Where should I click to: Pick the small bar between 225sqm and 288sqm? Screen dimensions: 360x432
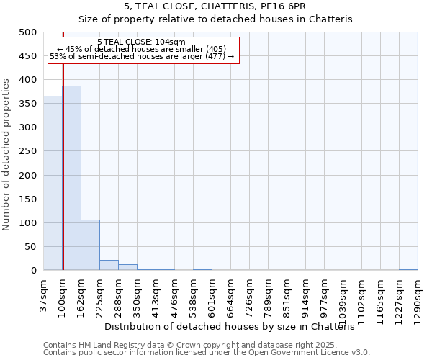tap(109, 265)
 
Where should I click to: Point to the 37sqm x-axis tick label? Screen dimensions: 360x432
tap(43, 294)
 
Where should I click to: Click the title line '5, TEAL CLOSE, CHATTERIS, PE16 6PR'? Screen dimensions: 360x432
tap(215, 6)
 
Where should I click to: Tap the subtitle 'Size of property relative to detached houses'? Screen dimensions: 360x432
tap(215, 19)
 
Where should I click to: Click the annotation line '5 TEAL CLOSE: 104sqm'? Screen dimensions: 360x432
tap(141, 42)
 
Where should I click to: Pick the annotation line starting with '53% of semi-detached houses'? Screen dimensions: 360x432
tap(142, 56)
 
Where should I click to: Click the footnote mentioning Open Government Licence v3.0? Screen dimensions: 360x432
tap(207, 352)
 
